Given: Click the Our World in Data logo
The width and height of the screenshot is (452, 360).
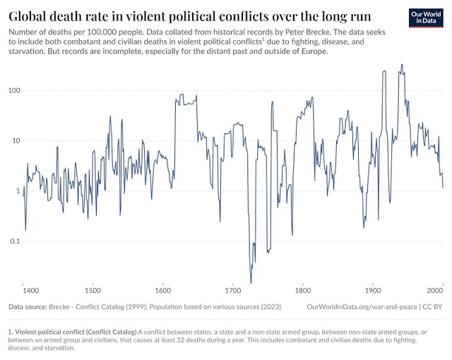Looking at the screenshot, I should click(x=426, y=18).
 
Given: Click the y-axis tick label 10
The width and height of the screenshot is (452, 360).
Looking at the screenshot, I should click(x=16, y=140).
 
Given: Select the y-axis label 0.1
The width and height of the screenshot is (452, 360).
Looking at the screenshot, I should click(x=15, y=241).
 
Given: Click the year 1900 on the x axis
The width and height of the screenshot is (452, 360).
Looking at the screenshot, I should click(x=372, y=289).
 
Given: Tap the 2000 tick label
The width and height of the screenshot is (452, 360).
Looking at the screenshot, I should click(x=434, y=289).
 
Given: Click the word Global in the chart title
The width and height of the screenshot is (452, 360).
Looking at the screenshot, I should click(x=30, y=16).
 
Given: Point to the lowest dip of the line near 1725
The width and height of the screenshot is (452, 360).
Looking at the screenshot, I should click(x=251, y=283).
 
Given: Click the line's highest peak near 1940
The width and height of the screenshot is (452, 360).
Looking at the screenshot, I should click(x=402, y=65).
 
